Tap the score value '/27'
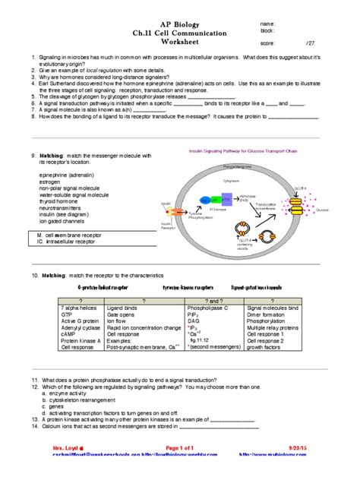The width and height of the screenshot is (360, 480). tap(309, 43)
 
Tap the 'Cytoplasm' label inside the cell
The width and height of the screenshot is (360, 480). tap(230, 182)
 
